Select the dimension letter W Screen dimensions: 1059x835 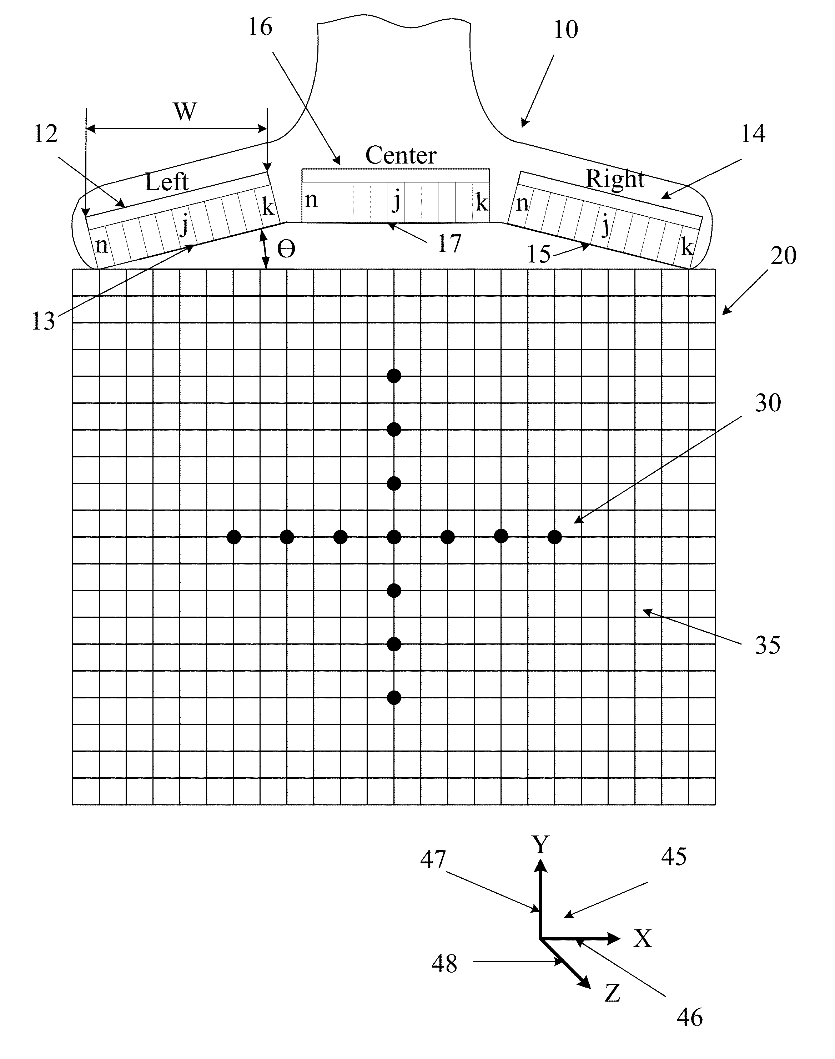185,111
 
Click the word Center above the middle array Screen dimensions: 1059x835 401,155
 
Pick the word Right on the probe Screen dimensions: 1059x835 615,179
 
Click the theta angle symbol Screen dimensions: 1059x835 286,250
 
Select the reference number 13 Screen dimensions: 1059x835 44,322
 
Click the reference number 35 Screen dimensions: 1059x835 768,646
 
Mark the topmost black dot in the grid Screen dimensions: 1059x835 394,376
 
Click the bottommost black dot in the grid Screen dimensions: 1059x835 394,698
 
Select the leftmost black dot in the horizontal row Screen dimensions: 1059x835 234,537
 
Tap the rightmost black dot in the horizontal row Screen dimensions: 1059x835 554,537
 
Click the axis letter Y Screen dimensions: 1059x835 541,845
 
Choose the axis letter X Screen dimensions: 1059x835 643,939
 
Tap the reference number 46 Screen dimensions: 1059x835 690,1018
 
